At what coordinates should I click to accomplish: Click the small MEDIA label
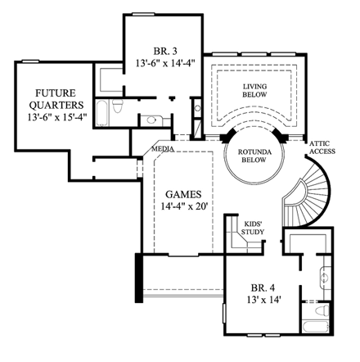(x=160, y=151)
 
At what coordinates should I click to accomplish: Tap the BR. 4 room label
(x=259, y=290)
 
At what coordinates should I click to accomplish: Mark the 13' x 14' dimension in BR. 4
(x=259, y=303)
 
